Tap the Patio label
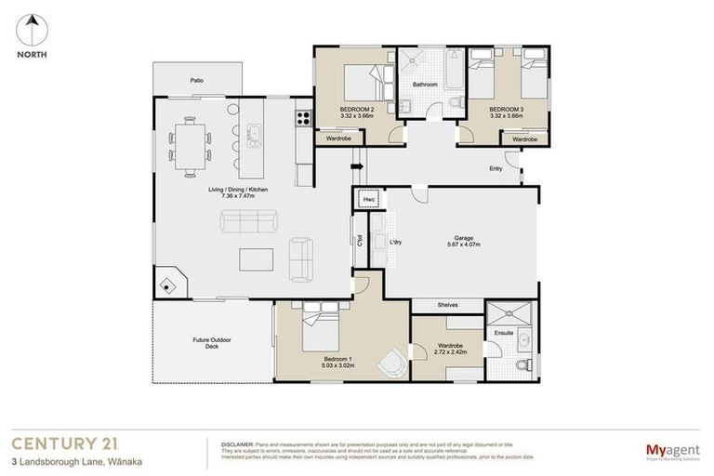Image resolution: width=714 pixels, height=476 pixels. pos(197,80)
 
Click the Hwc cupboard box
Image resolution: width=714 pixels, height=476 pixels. pos(368,199)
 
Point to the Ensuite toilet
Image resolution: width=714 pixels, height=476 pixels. pos(526,364)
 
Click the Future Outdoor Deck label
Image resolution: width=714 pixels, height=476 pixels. pos(212,343)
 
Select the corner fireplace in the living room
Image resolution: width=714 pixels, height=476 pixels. pos(168,284)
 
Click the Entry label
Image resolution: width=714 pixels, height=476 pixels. pos(496,168)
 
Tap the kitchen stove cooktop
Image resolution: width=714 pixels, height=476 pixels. pos(301,117)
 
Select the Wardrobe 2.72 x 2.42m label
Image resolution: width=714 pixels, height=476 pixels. pos(449,348)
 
